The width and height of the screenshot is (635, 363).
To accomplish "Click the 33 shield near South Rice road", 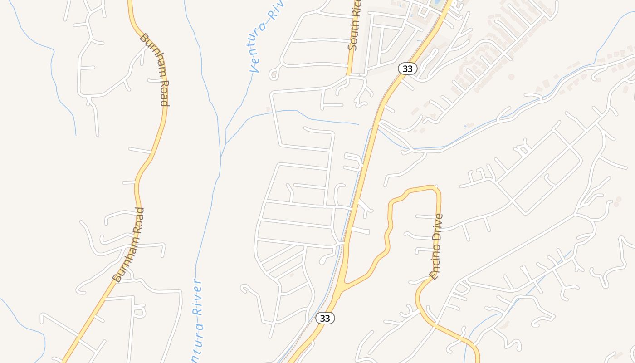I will point(407,69).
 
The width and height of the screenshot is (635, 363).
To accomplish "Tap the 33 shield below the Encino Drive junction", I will point(325,318).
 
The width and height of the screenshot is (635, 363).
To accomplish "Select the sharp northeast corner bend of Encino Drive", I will point(437,187).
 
